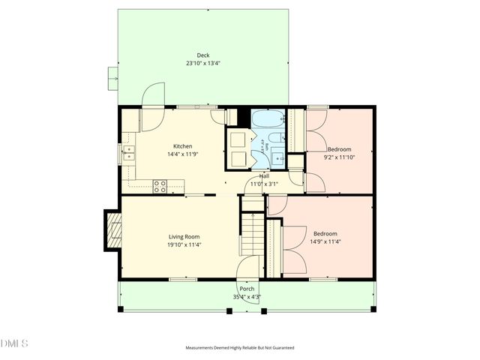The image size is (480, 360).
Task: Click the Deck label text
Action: pyautogui.click(x=203, y=55)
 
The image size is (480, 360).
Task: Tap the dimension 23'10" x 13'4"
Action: pyautogui.click(x=203, y=64)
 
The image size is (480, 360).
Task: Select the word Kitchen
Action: pyautogui.click(x=183, y=146)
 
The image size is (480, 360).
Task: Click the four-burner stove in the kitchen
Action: pyautogui.click(x=160, y=187)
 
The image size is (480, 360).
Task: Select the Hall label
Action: pyautogui.click(x=264, y=176)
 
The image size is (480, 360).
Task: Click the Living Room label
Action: pyautogui.click(x=184, y=236)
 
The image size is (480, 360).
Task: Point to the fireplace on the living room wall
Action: pyautogui.click(x=112, y=230)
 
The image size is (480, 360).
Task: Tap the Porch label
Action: pyautogui.click(x=247, y=289)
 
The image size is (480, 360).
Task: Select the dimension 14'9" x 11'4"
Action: pyautogui.click(x=325, y=241)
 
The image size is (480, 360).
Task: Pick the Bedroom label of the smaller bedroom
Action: pyautogui.click(x=338, y=149)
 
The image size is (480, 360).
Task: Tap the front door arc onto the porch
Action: pyautogui.click(x=247, y=268)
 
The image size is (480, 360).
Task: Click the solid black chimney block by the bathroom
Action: pyautogui.click(x=242, y=118)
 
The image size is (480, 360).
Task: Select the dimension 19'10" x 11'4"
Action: pyautogui.click(x=184, y=244)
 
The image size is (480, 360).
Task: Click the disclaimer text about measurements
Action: pyautogui.click(x=240, y=348)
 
